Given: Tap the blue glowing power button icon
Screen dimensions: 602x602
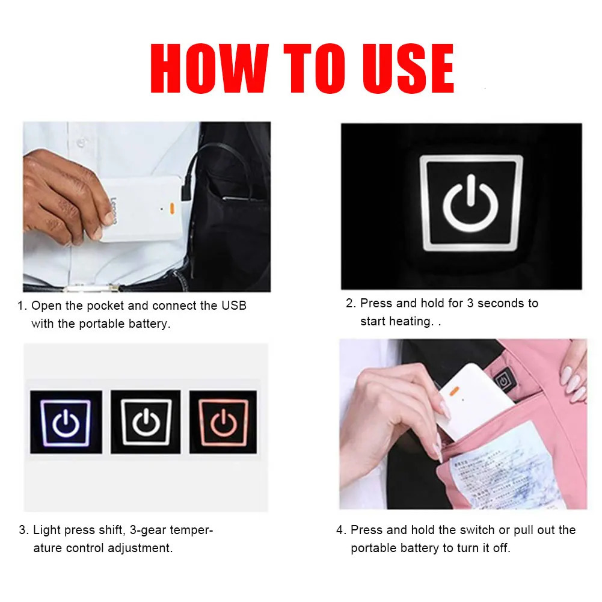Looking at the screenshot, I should pos(66,422).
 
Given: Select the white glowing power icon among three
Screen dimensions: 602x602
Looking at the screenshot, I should pos(146,422).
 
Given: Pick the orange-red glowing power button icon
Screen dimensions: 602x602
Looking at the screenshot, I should pos(223,422).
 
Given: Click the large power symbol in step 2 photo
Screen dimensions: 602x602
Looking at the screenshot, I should pos(471,203).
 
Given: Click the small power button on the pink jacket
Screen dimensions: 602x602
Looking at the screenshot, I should pos(502,381).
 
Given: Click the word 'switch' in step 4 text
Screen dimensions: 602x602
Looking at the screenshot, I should pos(478,530).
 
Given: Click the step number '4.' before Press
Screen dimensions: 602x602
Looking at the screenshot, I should pos(341,530).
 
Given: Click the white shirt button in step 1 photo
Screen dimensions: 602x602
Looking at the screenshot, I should pos(79,144).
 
